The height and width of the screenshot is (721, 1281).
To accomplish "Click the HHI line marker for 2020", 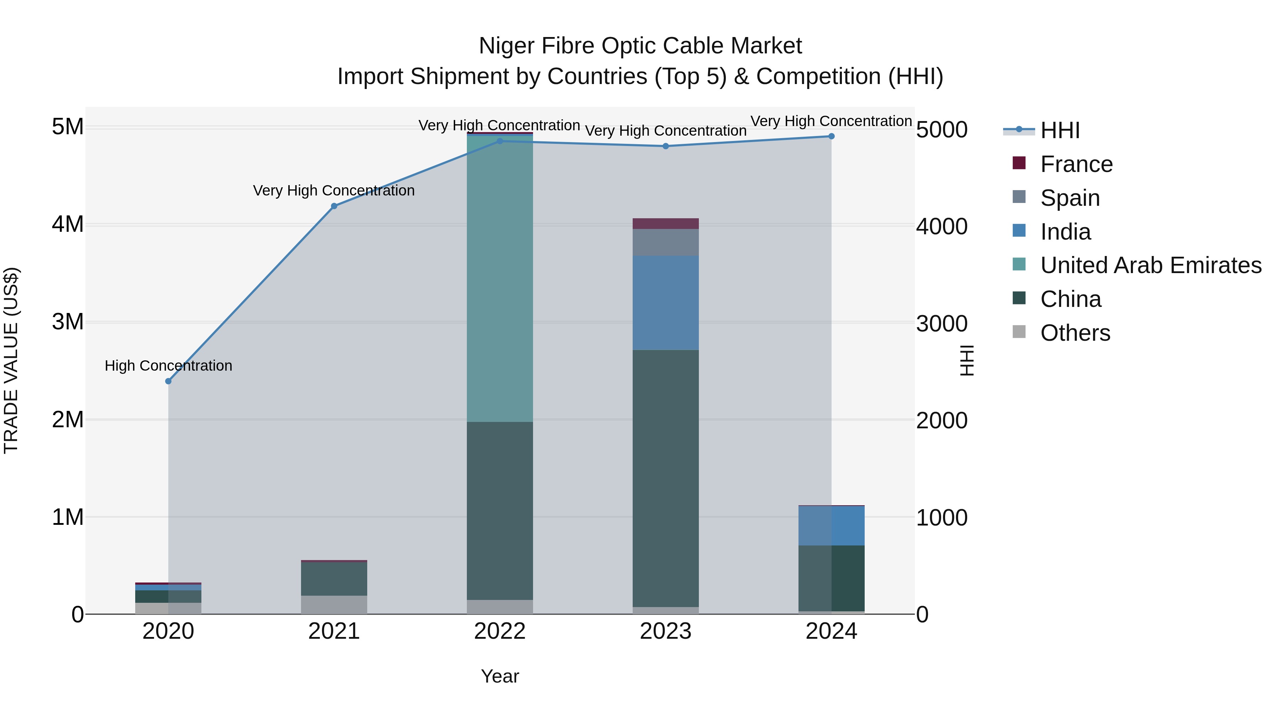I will (168, 381).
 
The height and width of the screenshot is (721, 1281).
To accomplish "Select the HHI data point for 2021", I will (334, 206).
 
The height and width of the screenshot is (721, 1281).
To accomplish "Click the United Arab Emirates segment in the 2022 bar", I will (500, 279).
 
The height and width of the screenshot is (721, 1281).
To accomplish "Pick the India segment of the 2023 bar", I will (665, 303).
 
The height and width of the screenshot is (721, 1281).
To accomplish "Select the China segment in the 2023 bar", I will (665, 478).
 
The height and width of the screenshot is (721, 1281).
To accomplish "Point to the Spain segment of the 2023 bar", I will (665, 242).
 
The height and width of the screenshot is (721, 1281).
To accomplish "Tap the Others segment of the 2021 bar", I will (334, 605).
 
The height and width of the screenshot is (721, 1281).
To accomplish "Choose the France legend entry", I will (1076, 164).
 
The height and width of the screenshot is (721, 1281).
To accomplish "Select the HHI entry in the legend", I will (1060, 130).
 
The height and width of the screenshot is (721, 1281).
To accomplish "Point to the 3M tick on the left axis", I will (68, 322).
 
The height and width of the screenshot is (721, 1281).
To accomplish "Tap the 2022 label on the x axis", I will (500, 631).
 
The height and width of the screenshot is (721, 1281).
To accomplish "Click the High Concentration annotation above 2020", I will (168, 366).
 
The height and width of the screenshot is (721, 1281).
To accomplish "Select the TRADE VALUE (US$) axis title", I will (11, 360).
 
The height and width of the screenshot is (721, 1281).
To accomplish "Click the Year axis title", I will (500, 676).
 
